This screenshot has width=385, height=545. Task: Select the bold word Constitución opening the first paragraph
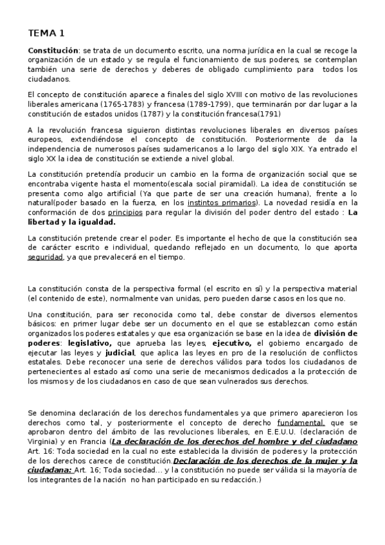pyautogui.click(x=53, y=50)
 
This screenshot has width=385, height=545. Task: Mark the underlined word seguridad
pyautogui.click(x=45, y=257)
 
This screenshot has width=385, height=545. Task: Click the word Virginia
pyautogui.click(x=44, y=442)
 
